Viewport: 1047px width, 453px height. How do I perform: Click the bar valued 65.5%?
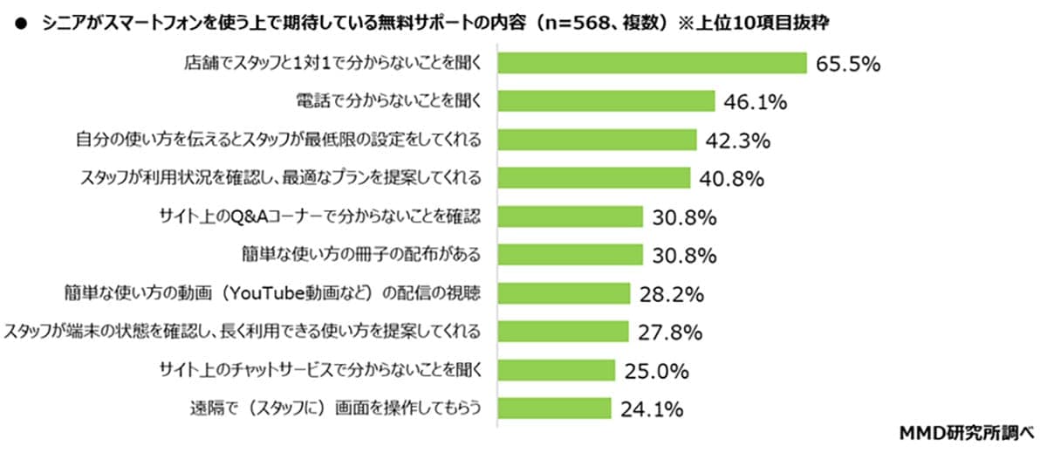(652, 63)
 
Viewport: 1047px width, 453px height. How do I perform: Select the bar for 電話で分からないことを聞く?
(607, 101)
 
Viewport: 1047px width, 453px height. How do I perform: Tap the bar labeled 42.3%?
(598, 140)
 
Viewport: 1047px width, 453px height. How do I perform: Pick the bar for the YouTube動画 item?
(564, 293)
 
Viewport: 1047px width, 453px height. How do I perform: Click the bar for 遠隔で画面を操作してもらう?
(555, 408)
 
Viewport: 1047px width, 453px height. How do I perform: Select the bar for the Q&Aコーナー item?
(571, 216)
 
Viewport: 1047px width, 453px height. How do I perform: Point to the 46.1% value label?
(755, 102)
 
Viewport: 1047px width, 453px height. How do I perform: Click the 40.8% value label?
(732, 179)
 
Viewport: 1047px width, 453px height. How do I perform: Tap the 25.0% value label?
(656, 371)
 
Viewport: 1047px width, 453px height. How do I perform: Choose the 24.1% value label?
(651, 409)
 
